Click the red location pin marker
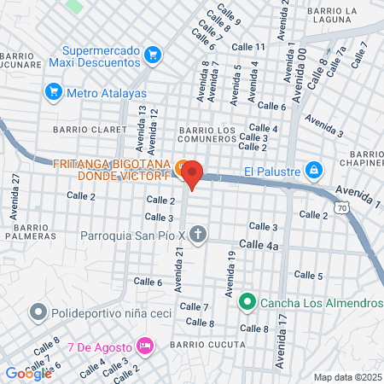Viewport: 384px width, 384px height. click(192, 174)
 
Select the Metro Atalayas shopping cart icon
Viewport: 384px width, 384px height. click(54, 91)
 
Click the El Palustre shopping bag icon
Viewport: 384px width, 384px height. click(314, 171)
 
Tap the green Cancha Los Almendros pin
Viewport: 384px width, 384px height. click(247, 301)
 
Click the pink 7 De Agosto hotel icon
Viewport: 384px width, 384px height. click(145, 346)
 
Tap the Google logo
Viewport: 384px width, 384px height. click(28, 373)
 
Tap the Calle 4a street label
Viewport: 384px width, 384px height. click(259, 244)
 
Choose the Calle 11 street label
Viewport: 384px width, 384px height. click(248, 46)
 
